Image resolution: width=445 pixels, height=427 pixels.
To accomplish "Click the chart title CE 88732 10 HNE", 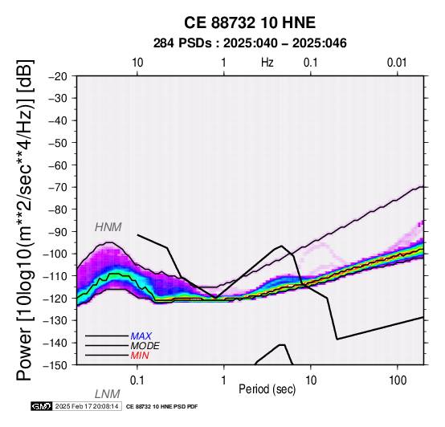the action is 250,22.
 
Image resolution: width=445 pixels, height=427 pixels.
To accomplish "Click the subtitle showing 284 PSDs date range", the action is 250,43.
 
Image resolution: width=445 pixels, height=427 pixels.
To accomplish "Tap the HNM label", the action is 108,227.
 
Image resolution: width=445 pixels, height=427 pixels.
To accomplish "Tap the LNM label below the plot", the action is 108,394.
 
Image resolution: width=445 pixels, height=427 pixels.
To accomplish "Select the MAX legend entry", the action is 141,336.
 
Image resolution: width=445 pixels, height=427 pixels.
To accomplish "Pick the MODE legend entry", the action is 145,346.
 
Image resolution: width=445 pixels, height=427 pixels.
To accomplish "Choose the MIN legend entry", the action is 140,356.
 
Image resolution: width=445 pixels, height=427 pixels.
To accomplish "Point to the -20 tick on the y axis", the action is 58,76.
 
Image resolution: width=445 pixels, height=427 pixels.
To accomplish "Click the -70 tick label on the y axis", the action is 58,188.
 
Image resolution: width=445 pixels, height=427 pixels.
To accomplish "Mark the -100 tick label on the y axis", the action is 55,254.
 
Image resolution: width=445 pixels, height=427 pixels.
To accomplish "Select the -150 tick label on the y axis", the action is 55,365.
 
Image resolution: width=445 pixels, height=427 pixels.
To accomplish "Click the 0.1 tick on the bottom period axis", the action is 137,380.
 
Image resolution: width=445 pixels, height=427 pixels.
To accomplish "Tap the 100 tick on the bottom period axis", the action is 398,380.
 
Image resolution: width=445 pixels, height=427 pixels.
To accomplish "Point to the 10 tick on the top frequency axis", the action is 137,63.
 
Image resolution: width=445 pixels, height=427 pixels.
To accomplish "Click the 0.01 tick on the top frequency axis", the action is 397,63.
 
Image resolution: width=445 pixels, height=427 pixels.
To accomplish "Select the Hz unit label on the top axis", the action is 267,63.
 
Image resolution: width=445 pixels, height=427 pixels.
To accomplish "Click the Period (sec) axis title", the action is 267,389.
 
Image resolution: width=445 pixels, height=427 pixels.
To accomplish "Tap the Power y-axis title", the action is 25,220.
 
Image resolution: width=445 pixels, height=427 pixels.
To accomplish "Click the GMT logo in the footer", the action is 42,406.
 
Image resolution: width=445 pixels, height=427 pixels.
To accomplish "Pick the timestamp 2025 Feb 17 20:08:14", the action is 87,406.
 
